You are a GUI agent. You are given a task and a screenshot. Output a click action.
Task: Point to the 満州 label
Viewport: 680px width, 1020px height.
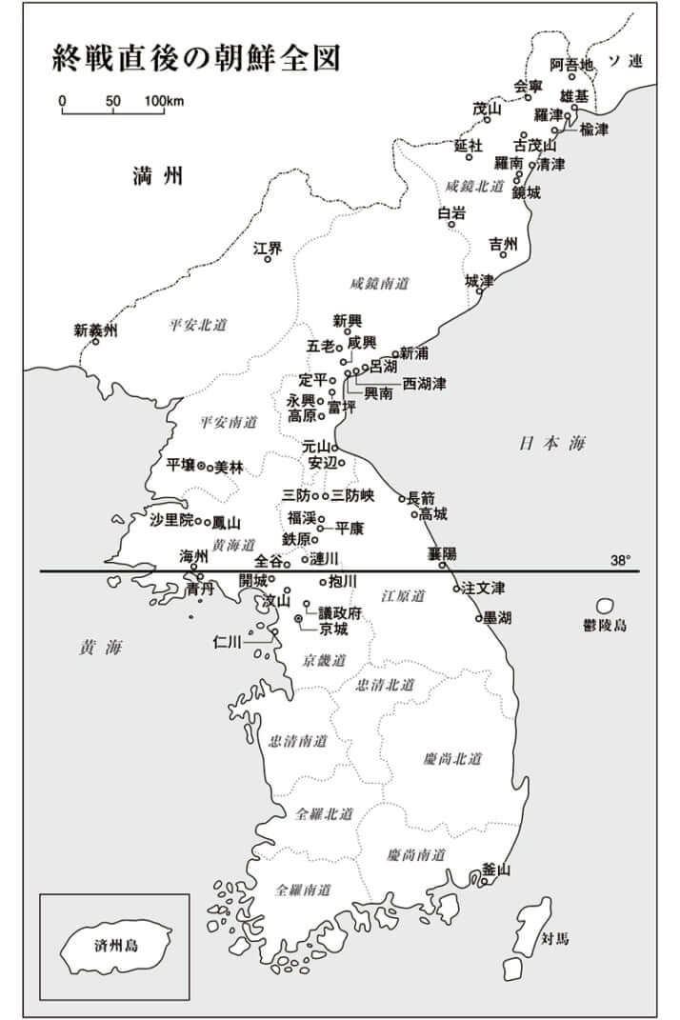pyautogui.click(x=158, y=175)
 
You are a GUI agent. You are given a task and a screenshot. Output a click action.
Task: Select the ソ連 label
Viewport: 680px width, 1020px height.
pyautogui.click(x=626, y=62)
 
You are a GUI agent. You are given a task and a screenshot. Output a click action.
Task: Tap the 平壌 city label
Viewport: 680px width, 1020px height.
pyautogui.click(x=180, y=465)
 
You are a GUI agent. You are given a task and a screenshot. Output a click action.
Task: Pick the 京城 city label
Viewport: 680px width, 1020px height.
pyautogui.click(x=333, y=630)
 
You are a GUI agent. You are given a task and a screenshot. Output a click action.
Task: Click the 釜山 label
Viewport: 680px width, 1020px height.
pyautogui.click(x=496, y=869)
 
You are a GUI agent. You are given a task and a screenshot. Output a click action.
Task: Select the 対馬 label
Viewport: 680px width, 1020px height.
pyautogui.click(x=555, y=938)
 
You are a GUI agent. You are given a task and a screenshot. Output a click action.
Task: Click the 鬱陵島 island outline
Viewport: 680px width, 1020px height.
pyautogui.click(x=605, y=606)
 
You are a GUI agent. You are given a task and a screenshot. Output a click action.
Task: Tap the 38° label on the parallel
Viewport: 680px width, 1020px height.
pyautogui.click(x=621, y=561)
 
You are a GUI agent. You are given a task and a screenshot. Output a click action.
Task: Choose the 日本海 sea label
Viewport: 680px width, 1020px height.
pyautogui.click(x=553, y=443)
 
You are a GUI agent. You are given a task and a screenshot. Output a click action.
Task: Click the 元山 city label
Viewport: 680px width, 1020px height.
pyautogui.click(x=315, y=446)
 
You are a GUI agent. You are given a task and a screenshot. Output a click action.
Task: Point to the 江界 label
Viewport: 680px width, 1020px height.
pyautogui.click(x=268, y=249)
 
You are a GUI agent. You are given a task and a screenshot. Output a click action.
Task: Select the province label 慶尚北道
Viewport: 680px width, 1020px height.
pyautogui.click(x=452, y=759)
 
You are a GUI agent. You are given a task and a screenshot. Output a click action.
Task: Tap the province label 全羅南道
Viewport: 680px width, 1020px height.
pyautogui.click(x=303, y=890)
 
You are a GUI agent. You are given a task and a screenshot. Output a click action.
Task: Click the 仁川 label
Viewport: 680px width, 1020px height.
pyautogui.click(x=230, y=642)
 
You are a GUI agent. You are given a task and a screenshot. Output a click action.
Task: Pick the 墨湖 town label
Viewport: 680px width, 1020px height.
pyautogui.click(x=497, y=618)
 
